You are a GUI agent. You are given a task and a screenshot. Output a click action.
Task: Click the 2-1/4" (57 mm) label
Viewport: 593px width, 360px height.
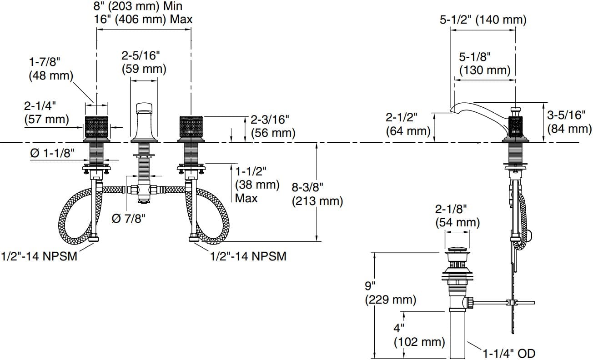[46, 113]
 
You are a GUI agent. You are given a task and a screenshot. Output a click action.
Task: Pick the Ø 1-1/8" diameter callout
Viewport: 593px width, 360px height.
[52, 154]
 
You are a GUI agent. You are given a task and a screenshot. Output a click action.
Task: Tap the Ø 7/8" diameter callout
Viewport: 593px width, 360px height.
[128, 219]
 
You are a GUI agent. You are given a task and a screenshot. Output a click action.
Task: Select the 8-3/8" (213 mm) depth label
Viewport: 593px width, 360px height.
[317, 194]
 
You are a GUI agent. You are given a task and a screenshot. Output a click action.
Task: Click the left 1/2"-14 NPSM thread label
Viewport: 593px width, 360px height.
[39, 256]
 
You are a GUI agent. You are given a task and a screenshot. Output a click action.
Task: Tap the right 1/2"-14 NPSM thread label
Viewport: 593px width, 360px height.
[248, 256]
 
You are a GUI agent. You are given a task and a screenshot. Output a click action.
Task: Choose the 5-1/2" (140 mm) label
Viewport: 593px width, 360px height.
[483, 20]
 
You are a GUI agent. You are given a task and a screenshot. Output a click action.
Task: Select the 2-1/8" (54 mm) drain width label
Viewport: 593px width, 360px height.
[457, 216]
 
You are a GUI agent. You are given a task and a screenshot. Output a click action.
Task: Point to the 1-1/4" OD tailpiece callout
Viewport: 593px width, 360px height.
[509, 353]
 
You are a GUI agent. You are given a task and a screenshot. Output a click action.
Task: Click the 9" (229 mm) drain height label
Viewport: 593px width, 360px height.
[390, 293]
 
